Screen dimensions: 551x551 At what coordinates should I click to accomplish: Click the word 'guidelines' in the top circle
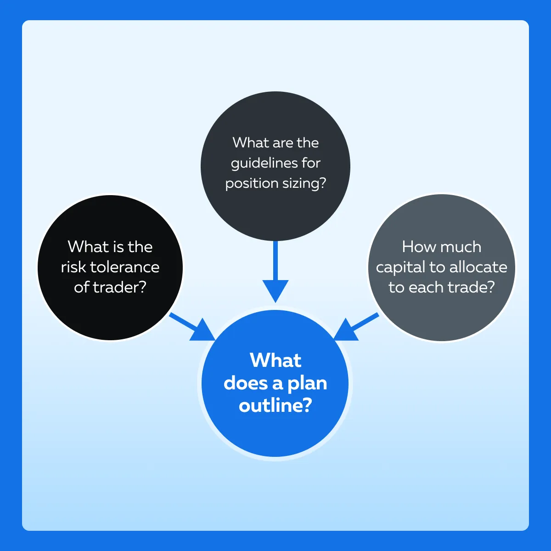tap(260, 163)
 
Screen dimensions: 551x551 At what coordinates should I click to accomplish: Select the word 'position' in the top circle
tap(252, 184)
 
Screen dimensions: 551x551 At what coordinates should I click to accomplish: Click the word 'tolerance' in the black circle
tap(125, 267)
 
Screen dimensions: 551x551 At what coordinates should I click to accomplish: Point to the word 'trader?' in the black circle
tap(119, 287)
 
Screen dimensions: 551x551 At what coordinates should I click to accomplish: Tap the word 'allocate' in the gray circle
tap(478, 267)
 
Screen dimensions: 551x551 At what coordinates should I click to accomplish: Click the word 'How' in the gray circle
tap(413, 247)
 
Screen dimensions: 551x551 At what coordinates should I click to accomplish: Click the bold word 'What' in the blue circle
tap(275, 360)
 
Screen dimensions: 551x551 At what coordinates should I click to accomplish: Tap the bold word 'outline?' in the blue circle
tap(275, 405)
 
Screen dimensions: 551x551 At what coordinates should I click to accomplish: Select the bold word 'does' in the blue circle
tap(246, 383)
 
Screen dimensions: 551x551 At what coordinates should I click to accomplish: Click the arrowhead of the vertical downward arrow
tap(275, 290)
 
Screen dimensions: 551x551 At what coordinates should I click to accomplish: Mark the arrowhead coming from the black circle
tap(203, 332)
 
